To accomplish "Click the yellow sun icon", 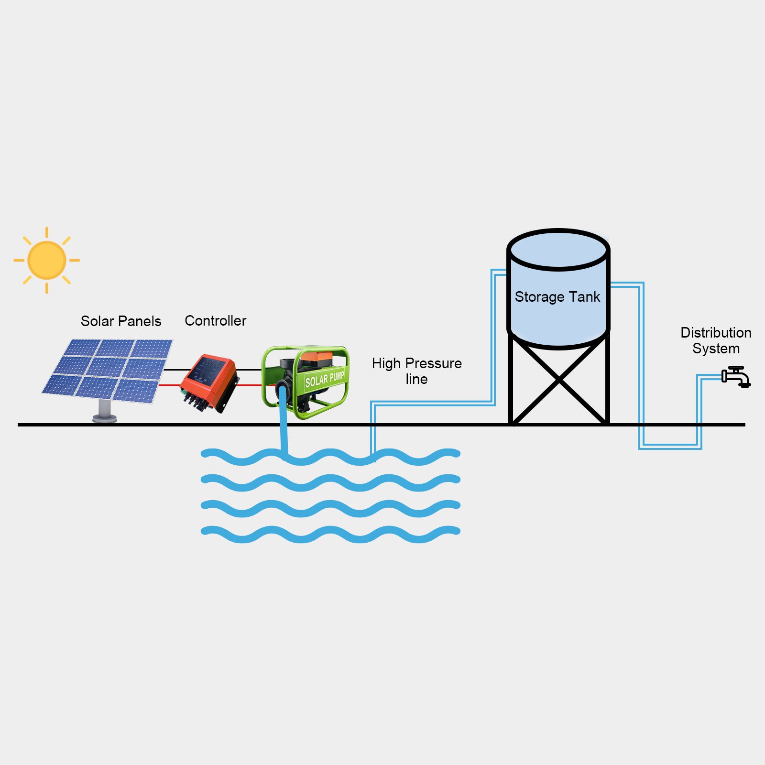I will point(47,260).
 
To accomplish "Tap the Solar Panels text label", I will point(120,321).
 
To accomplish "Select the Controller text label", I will point(215,321).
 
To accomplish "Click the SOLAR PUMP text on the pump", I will point(325,380).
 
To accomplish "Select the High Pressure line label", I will point(416,371).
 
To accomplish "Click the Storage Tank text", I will point(557,297).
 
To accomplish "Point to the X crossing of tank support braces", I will point(559,381).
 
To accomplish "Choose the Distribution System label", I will point(716,340).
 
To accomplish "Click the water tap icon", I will point(736,377).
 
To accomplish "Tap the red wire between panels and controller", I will point(170,385).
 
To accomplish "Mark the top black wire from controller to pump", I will point(249,370).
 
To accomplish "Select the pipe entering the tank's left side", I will point(499,273).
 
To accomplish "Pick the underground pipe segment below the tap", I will point(669,447).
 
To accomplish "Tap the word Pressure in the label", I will point(433,363).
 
